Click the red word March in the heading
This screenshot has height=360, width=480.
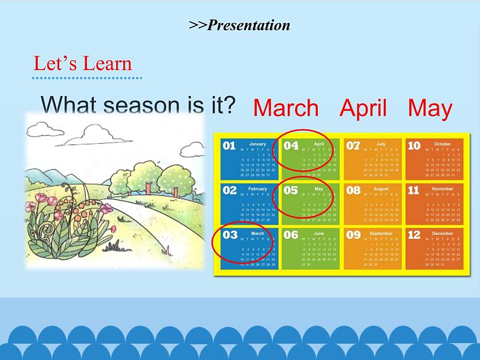[285, 108]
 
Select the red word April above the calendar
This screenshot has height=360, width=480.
[363, 108]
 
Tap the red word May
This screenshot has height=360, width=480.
[430, 108]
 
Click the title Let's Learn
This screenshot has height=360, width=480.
[82, 63]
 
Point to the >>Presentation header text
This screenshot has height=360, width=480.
[239, 25]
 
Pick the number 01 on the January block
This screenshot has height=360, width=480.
[230, 146]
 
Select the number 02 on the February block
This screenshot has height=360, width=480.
[230, 190]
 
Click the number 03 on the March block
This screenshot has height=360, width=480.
[230, 235]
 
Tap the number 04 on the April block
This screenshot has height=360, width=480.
[291, 146]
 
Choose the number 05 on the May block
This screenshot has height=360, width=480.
[291, 190]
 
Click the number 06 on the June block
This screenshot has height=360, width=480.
[291, 235]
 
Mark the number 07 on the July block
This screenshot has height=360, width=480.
[353, 146]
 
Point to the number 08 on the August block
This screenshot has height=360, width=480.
[353, 190]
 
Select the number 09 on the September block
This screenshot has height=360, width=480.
[353, 235]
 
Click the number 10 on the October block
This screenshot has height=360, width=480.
[414, 146]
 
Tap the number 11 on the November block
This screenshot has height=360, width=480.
[414, 190]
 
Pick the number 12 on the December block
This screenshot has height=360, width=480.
[414, 235]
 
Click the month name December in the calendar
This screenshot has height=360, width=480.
[443, 233]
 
